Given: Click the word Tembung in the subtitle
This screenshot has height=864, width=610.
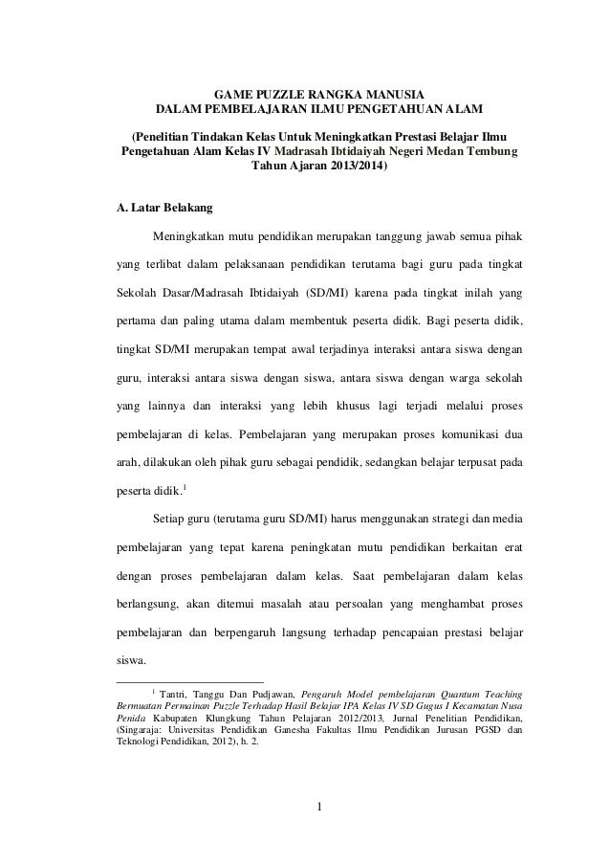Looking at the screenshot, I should click(490, 151).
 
